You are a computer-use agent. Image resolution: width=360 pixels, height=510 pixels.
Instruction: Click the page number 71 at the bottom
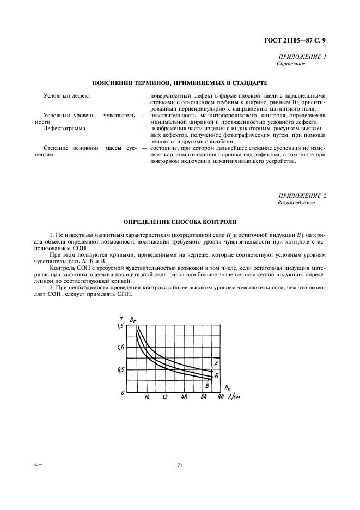[x=179, y=465]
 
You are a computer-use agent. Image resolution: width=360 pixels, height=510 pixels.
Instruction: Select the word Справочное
[x=291, y=64]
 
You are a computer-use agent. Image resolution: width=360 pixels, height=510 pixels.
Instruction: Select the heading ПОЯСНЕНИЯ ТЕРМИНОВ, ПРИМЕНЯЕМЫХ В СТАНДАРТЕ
[x=180, y=83]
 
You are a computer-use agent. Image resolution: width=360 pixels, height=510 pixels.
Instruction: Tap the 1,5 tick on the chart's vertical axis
[x=120, y=326]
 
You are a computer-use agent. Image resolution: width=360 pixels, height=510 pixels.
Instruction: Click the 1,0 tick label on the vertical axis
[x=121, y=347]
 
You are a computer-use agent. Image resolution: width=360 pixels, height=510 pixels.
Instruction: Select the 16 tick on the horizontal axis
[x=147, y=398]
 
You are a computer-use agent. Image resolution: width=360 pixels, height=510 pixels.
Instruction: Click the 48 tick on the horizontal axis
[x=184, y=398]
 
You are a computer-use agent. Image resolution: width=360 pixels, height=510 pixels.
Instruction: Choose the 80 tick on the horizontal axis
[x=220, y=398]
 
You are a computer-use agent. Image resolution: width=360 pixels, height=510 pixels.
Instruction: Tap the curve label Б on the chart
[x=216, y=375]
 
